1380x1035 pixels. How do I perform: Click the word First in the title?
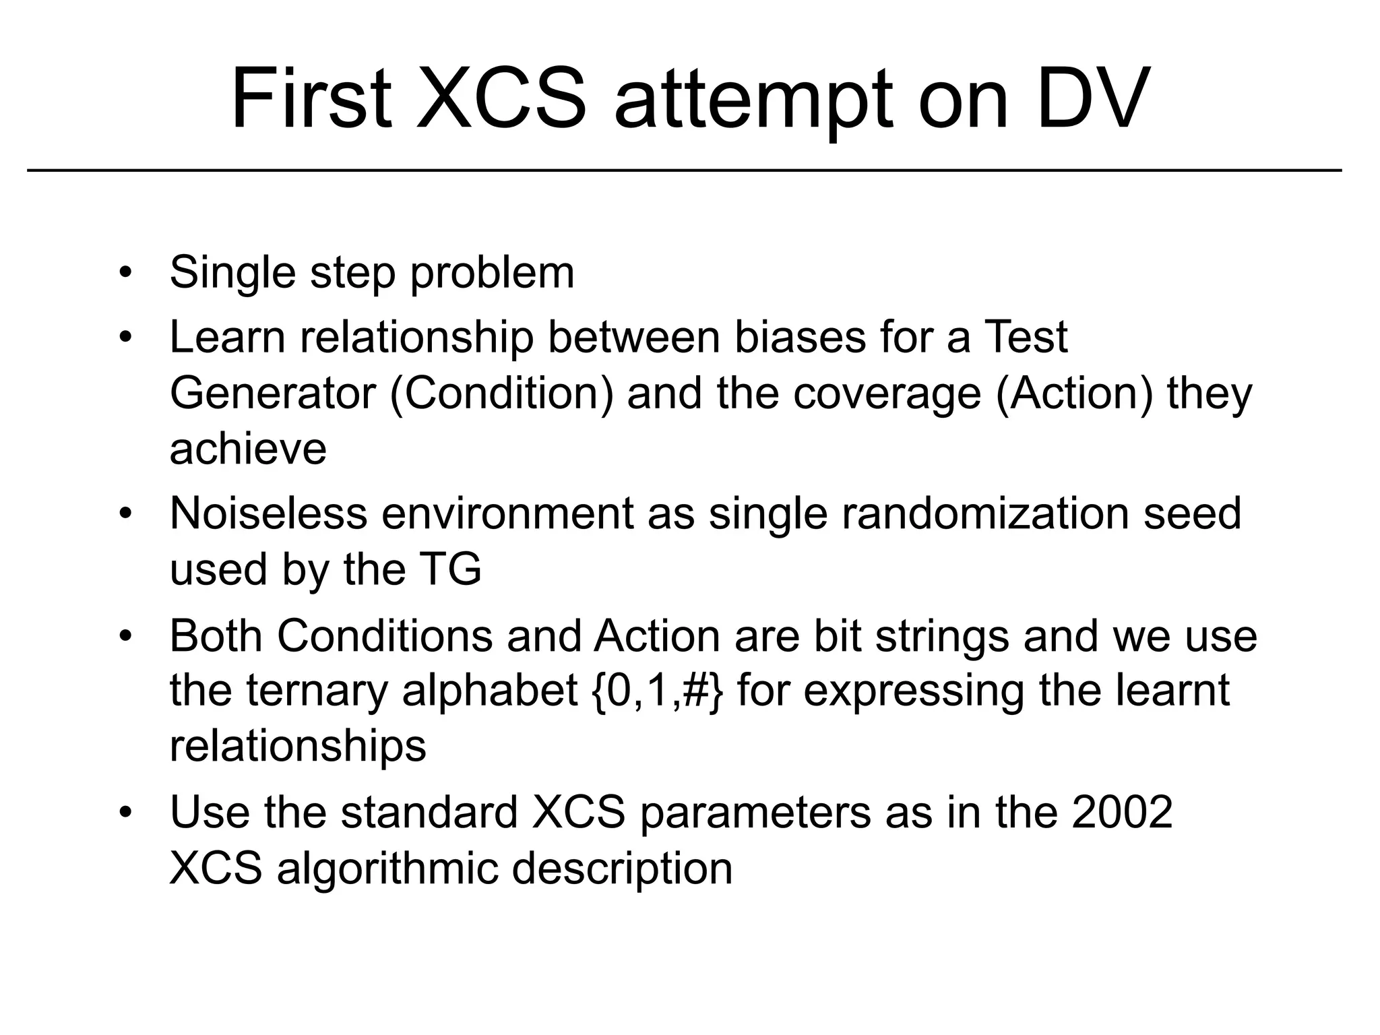click(311, 99)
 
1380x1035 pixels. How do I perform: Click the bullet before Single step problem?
click(125, 273)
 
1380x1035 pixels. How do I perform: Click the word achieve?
click(248, 449)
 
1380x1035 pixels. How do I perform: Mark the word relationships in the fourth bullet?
click(298, 746)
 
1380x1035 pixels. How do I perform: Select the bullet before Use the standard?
click(125, 812)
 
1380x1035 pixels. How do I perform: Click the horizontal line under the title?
click(684, 171)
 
